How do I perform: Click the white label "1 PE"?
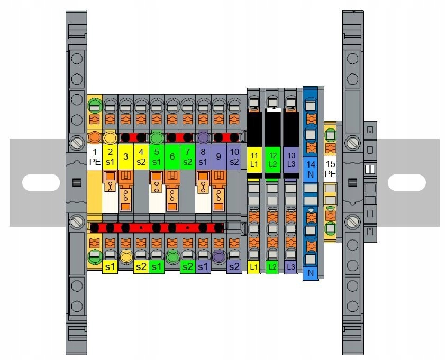[x=95, y=157]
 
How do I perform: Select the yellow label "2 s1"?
[x=110, y=157]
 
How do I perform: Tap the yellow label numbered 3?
[x=125, y=157]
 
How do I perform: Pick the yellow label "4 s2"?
[x=141, y=157]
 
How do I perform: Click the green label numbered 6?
[x=172, y=157]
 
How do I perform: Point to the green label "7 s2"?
[x=188, y=157]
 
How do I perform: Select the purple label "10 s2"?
[x=234, y=157]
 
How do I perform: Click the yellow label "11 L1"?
[x=253, y=159]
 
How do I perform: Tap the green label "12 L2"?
[x=272, y=159]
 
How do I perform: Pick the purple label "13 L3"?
[x=290, y=159]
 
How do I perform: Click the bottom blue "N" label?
[x=310, y=274]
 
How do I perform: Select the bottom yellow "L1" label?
[x=253, y=267]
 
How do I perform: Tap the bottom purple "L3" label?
[x=290, y=267]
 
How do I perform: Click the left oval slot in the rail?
[x=41, y=183]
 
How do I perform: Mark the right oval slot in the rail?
[x=406, y=183]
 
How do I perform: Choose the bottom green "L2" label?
[x=272, y=267]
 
